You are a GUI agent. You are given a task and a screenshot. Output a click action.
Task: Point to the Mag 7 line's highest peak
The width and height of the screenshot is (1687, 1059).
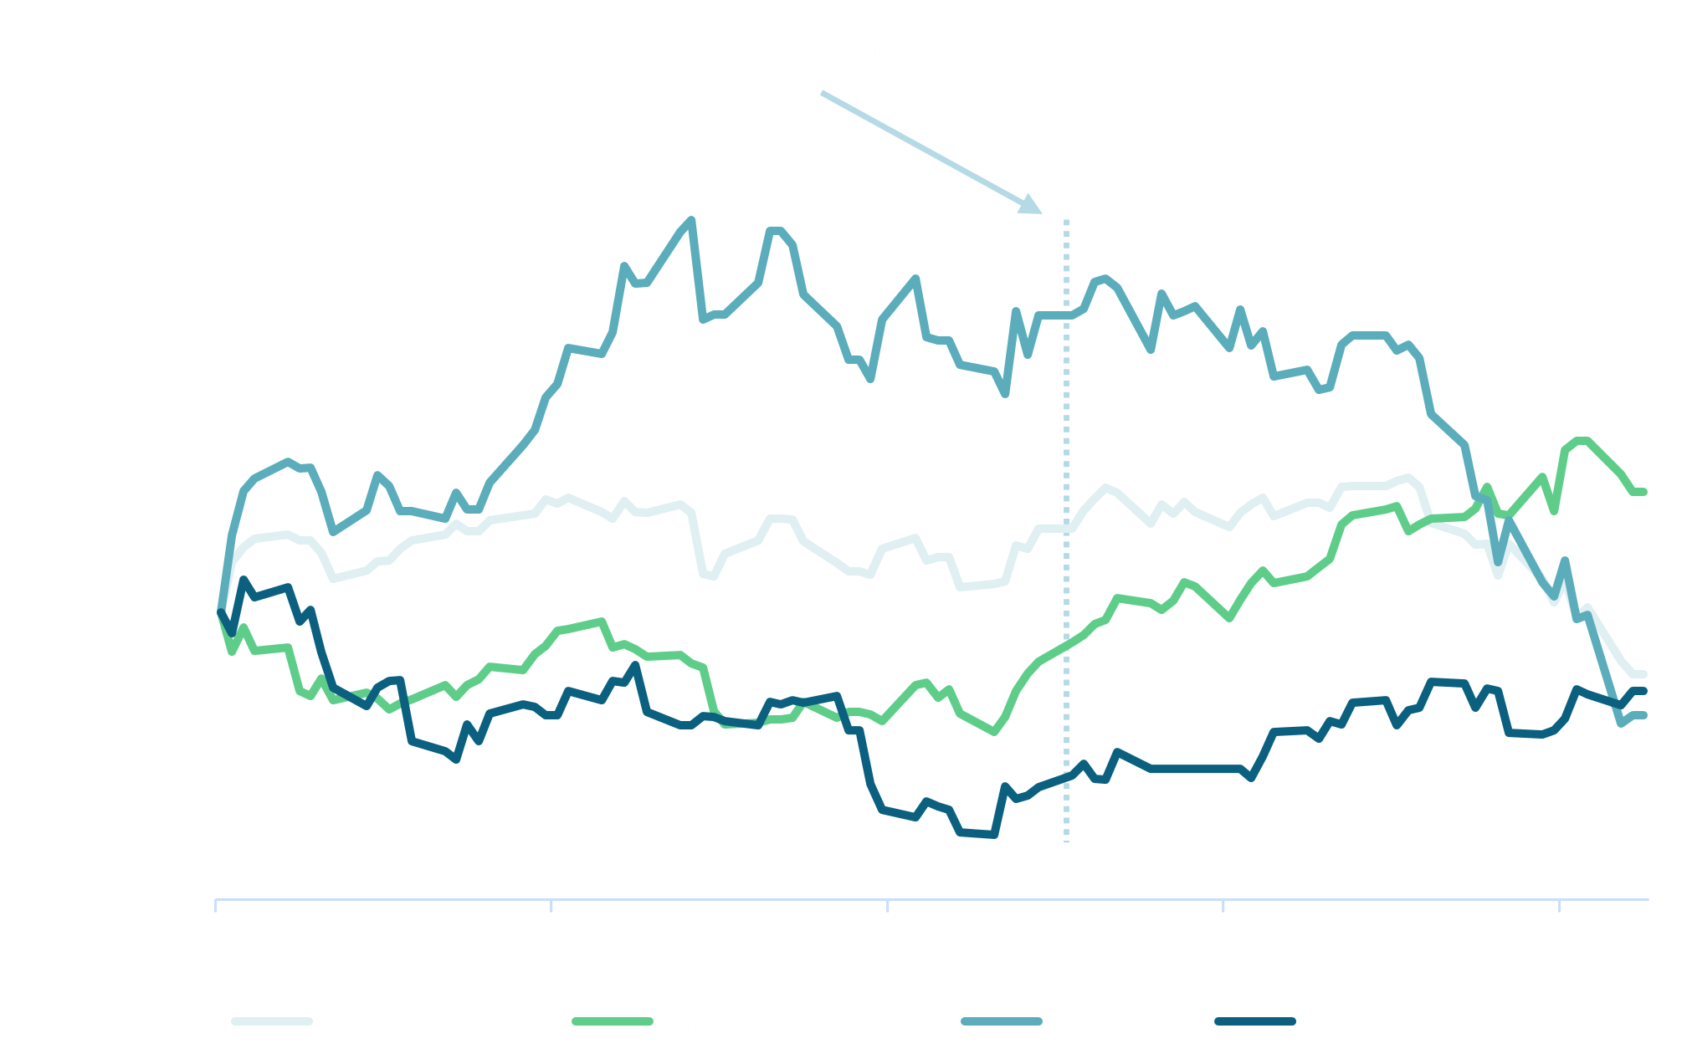690,220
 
